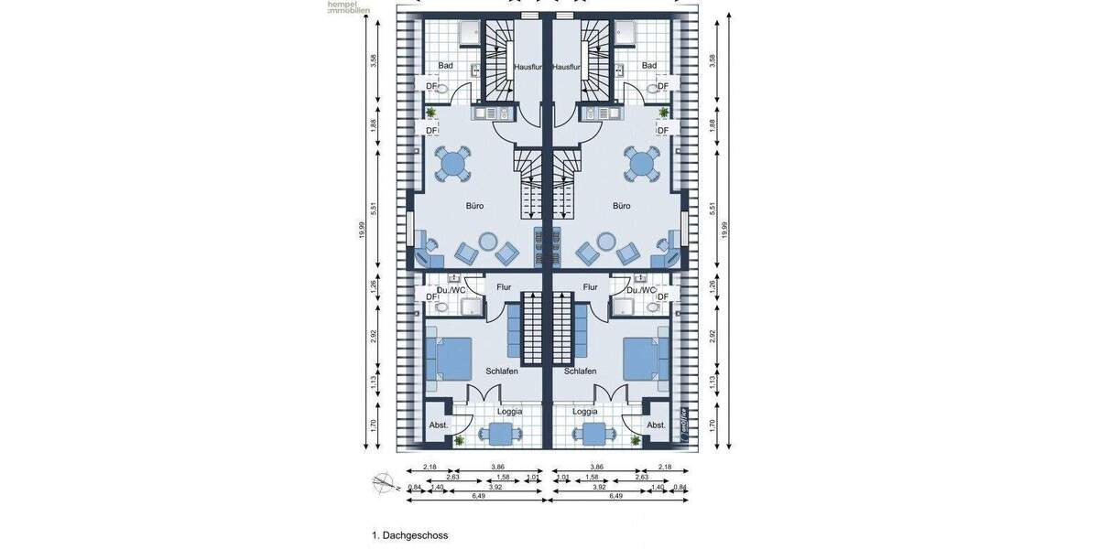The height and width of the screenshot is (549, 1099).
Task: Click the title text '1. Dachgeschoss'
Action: [x=409, y=535]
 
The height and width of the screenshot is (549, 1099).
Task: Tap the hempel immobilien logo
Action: [x=349, y=7]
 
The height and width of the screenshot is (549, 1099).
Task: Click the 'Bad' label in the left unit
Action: [x=446, y=66]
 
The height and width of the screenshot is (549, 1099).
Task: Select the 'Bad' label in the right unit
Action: [x=649, y=66]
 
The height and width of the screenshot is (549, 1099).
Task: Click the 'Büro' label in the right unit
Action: [x=622, y=206]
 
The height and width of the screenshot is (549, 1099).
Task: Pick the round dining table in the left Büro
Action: [x=452, y=166]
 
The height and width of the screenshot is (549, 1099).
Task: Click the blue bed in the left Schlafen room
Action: [x=449, y=358]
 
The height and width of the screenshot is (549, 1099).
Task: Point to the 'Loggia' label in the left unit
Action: [x=509, y=412]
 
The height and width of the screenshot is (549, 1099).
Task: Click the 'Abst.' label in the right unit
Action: [x=656, y=425]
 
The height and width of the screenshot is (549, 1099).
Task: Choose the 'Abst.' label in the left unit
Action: [x=440, y=425]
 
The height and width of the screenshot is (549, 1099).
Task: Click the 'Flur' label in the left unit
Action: [x=504, y=287]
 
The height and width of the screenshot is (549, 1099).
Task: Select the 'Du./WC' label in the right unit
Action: [x=642, y=290]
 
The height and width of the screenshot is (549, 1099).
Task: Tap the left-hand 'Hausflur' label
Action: [x=529, y=67]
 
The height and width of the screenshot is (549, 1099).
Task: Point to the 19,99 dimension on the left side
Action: [x=363, y=230]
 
